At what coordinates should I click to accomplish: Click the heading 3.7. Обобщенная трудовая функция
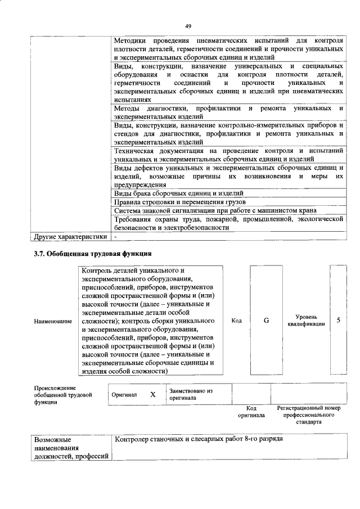pyautogui.click(x=93, y=254)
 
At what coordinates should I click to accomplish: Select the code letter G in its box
pyautogui.click(x=266, y=320)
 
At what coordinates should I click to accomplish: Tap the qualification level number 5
pyautogui.click(x=338, y=320)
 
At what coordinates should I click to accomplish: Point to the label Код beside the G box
pyautogui.click(x=237, y=321)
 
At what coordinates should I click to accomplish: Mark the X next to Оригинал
pyautogui.click(x=152, y=395)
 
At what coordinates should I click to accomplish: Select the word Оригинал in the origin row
pyautogui.click(x=124, y=395)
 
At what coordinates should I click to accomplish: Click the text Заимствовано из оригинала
pyautogui.click(x=191, y=394)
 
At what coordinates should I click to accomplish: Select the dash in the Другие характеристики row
pyautogui.click(x=114, y=237)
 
